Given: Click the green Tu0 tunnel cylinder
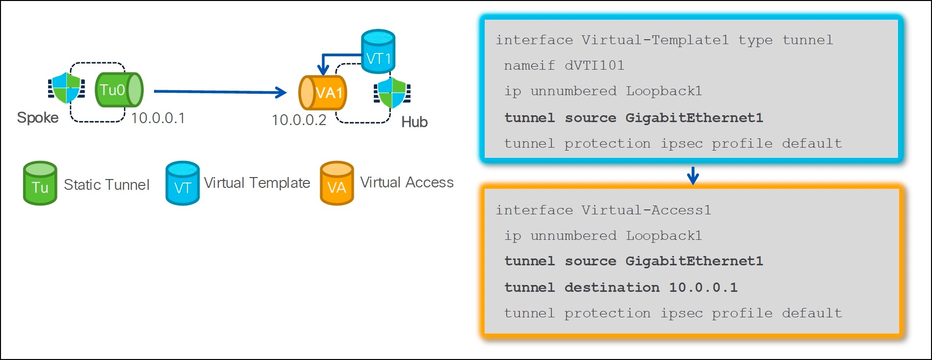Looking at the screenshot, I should coord(118,90).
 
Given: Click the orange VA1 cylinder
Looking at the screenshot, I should coord(323,93).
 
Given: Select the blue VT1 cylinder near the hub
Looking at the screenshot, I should coord(378,51).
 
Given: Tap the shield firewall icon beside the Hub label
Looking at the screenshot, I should coord(392,93).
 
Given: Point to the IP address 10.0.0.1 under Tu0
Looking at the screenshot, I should coord(157,118).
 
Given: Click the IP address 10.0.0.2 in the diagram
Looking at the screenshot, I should coord(299,120).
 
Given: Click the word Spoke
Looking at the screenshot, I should coord(38,118).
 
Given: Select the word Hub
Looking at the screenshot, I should coord(414,122).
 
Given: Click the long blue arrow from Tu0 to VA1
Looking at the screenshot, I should coord(220,92).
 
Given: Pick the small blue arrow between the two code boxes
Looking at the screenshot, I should coord(693,175).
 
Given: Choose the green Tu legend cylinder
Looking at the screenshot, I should coord(40,183).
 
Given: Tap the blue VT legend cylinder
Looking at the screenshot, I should coord(182,183).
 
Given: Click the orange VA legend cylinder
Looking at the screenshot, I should coord(337,183).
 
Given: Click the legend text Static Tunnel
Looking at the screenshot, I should coord(106,185).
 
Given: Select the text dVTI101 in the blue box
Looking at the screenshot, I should coord(594,66).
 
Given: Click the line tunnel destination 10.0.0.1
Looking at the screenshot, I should coord(621,287).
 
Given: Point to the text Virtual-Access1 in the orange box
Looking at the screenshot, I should coord(646,210).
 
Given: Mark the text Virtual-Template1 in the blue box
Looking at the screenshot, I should coord(655,40).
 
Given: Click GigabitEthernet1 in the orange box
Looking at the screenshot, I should coord(694,261).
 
